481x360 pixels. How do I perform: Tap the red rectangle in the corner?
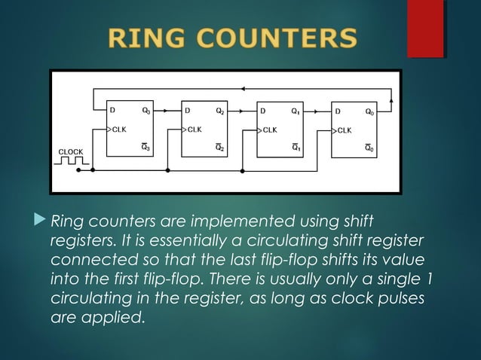(424, 28)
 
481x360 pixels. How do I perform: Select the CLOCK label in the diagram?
(71, 151)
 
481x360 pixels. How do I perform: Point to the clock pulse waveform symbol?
(71, 162)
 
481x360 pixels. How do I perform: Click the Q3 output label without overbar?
(146, 110)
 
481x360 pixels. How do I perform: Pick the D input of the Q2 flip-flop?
(188, 110)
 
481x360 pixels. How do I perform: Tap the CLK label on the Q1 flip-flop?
(270, 129)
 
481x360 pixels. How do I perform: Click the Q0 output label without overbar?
(369, 110)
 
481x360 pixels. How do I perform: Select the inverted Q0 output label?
(369, 148)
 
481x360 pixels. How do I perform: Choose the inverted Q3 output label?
(146, 148)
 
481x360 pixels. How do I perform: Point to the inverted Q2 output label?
(220, 148)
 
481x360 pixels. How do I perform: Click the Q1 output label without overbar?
(296, 110)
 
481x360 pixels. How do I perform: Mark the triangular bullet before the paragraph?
(41, 221)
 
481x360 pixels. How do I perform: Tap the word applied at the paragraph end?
(117, 317)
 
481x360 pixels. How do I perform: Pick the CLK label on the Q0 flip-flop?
(344, 129)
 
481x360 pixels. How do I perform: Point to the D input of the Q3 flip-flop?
(113, 110)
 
